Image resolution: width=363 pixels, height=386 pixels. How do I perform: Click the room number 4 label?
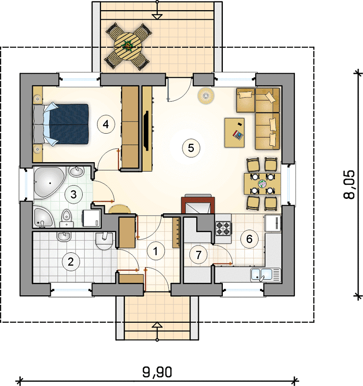click(x=106, y=124)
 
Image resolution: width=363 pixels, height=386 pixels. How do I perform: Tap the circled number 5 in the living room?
click(x=191, y=148)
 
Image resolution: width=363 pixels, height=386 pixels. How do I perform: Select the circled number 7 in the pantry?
click(x=199, y=255)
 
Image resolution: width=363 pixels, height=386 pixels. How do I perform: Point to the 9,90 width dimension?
click(x=157, y=372)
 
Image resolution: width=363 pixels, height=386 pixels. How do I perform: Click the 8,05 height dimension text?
click(x=349, y=184)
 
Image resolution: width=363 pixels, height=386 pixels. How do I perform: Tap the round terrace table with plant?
click(x=128, y=46)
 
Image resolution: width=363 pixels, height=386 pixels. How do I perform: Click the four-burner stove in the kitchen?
click(x=223, y=228)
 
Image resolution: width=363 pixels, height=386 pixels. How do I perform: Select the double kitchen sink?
click(x=265, y=275)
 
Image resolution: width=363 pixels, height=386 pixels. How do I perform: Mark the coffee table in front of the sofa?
click(x=234, y=133)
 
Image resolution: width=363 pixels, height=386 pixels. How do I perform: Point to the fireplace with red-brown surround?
click(x=198, y=204)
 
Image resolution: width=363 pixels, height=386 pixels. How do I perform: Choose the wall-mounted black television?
click(x=146, y=130)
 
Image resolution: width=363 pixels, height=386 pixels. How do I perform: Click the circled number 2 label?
click(x=71, y=262)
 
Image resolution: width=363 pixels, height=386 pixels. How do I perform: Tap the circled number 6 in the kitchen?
click(x=249, y=239)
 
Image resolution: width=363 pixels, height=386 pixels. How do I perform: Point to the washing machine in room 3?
click(x=92, y=218)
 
